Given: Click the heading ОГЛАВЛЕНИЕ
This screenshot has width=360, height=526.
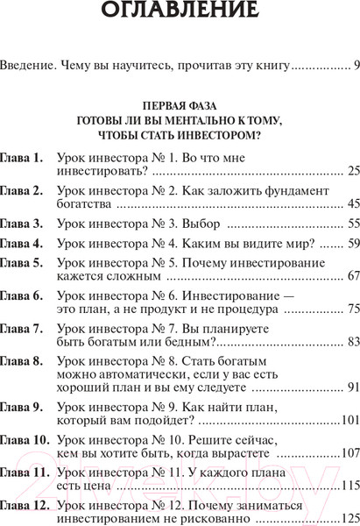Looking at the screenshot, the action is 180,12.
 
